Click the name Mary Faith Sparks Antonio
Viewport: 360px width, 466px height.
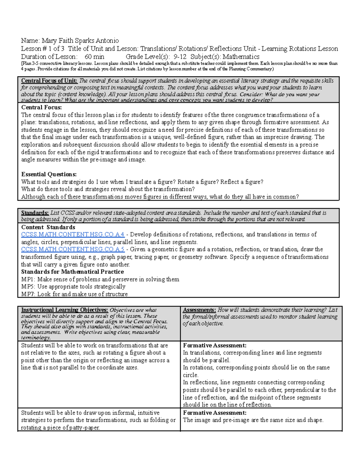tap(80, 41)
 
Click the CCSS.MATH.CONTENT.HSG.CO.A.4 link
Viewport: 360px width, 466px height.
tap(73, 235)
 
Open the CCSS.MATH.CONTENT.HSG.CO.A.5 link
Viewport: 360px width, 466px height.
tap(73, 249)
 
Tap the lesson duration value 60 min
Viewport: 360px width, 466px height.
tap(94, 57)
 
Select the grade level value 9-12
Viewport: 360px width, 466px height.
tap(180, 57)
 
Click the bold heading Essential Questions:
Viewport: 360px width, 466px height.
tap(49, 174)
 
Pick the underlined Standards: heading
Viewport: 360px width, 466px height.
tap(35, 213)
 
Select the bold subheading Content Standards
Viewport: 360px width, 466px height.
tap(48, 227)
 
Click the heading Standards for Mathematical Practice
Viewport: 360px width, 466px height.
tap(72, 272)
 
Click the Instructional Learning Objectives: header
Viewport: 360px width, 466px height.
tap(64, 310)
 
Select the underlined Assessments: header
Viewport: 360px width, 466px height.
tap(199, 310)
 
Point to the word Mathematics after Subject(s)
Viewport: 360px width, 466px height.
tap(241, 57)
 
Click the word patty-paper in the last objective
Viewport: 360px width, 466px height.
tap(84, 428)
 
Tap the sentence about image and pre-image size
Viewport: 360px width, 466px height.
tap(253, 420)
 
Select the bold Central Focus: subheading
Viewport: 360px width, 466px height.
tap(41, 107)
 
